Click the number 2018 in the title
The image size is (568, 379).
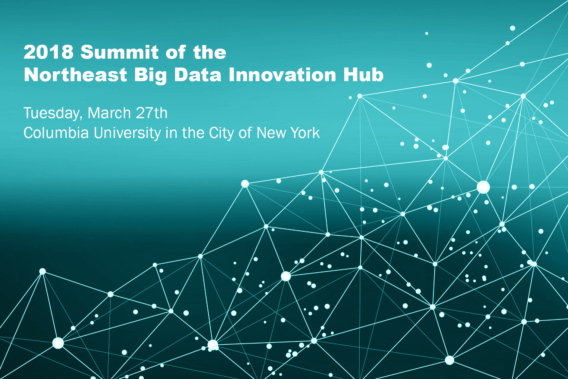point(49,52)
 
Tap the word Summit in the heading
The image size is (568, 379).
point(120,52)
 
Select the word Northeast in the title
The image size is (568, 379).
point(76,75)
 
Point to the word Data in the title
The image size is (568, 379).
point(198,75)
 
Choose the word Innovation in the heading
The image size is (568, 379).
point(283,75)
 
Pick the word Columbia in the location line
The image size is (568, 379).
point(56,133)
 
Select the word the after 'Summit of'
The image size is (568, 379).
point(210,52)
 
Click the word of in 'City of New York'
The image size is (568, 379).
point(245,133)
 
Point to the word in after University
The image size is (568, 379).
point(171,133)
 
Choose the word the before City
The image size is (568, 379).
point(192,133)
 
